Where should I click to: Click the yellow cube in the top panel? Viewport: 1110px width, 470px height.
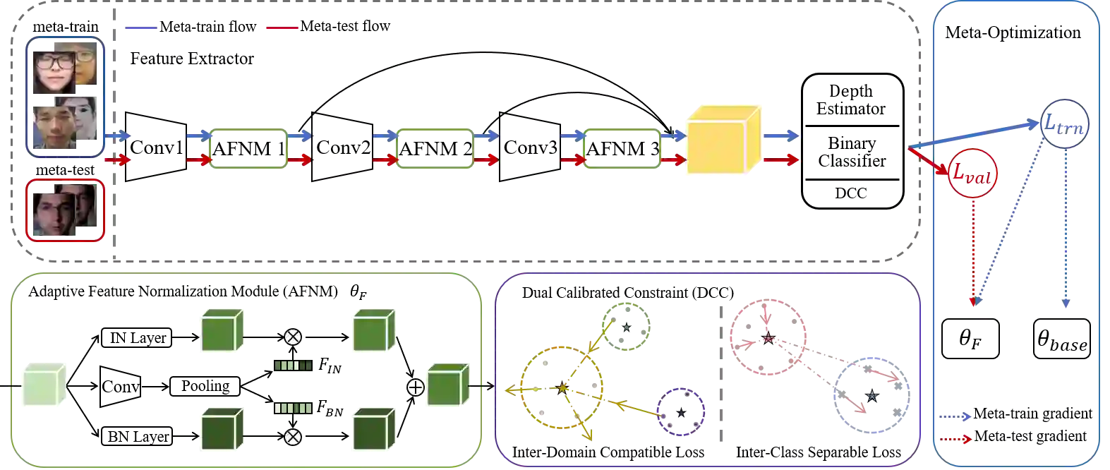click(x=722, y=140)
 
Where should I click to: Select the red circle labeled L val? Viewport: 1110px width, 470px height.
click(x=972, y=172)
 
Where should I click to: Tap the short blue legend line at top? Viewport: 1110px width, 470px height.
click(x=141, y=28)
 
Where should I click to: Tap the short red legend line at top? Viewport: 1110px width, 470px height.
click(x=282, y=28)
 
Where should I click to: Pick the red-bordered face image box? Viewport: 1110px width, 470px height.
click(x=66, y=210)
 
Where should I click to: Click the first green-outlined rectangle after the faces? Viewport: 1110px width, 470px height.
click(x=248, y=147)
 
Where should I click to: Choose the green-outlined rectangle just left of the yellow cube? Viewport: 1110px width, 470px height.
click(x=622, y=147)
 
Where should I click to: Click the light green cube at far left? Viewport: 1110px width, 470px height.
click(x=44, y=385)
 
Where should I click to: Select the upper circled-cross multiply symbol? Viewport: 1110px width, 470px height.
click(x=292, y=337)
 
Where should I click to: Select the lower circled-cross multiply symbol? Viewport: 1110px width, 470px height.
click(x=292, y=438)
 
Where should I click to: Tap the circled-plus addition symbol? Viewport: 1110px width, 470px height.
click(x=416, y=387)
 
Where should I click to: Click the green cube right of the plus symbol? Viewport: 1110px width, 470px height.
click(x=447, y=387)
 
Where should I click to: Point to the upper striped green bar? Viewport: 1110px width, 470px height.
click(x=293, y=366)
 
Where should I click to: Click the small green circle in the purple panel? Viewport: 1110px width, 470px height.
click(x=626, y=325)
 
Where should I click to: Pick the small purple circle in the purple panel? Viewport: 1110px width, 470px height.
click(x=680, y=412)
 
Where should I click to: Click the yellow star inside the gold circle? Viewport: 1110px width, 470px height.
click(x=562, y=387)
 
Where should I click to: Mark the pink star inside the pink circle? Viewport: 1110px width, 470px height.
click(x=767, y=338)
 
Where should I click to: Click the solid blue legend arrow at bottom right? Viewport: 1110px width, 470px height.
click(x=954, y=417)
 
